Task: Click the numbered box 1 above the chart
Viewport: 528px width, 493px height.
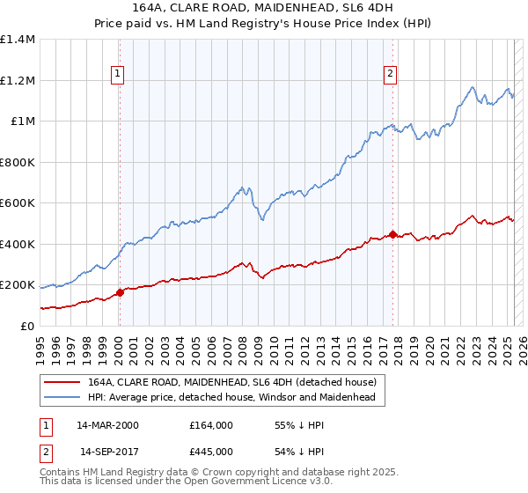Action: pos(118,75)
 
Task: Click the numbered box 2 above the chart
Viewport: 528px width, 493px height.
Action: pos(389,75)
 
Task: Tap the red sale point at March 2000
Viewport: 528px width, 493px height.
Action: pos(120,293)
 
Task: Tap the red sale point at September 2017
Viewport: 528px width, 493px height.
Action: pos(392,235)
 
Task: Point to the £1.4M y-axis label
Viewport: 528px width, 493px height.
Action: pos(18,40)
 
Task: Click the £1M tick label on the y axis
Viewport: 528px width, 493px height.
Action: pos(23,121)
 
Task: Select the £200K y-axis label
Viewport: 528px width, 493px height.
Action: pos(18,285)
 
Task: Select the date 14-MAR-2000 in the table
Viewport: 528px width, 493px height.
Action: pos(107,425)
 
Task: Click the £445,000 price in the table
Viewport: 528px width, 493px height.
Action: pos(211,452)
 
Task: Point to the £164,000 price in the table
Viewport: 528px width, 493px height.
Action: pos(211,425)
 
